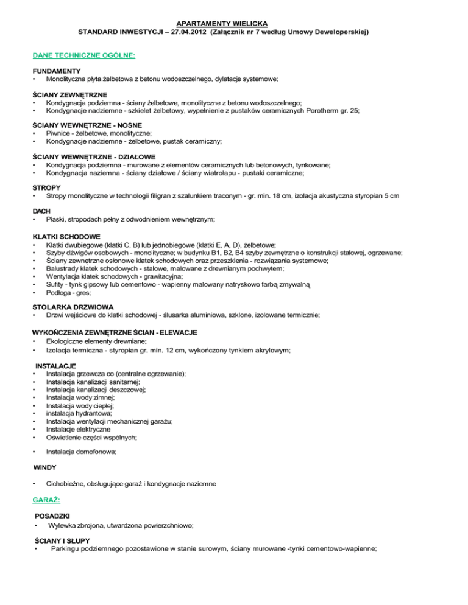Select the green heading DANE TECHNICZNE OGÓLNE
pos(84,55)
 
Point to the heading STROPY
pos(46,187)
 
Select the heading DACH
pos(42,211)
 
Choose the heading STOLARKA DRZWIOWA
pos(73,308)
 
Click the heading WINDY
pos(44,467)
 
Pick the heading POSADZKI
pos(54,516)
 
